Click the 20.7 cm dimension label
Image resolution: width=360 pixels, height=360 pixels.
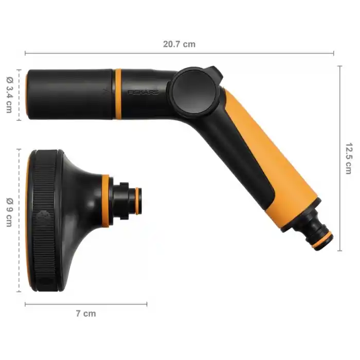(179, 44)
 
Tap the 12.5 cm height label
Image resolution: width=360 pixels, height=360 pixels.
(349, 158)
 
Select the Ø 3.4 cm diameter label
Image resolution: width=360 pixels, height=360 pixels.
(10, 95)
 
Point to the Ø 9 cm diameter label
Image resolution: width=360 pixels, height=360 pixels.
(10, 212)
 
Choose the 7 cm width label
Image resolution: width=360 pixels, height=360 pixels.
(86, 313)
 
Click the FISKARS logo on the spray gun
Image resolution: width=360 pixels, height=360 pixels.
(143, 92)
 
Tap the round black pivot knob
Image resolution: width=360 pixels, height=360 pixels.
(194, 92)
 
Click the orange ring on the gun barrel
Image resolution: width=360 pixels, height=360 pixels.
(118, 94)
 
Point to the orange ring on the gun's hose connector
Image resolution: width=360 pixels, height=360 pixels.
(322, 241)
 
